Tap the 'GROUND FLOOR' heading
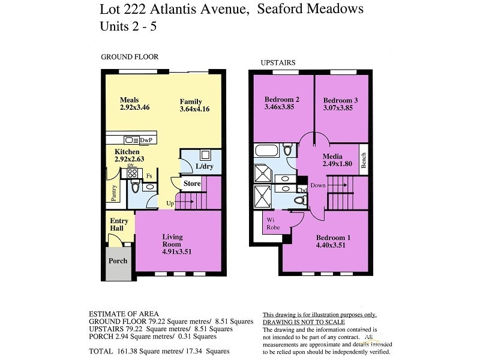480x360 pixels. point(129,57)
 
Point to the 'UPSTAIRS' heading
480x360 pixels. point(278,62)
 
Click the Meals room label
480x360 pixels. point(129,100)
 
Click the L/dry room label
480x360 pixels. point(205,166)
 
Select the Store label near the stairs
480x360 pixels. point(192,184)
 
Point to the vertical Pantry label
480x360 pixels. point(113,192)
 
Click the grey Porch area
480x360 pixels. point(118,262)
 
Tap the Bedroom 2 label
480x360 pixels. point(282,100)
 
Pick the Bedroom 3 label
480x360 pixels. point(340,100)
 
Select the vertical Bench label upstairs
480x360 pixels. point(363,160)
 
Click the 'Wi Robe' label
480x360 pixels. point(273,224)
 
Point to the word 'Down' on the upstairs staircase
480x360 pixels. point(318,185)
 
